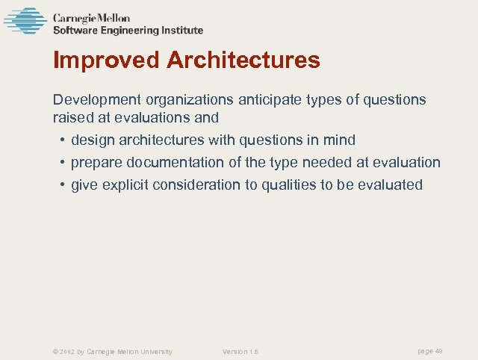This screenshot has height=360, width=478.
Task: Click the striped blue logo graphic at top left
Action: point(25,21)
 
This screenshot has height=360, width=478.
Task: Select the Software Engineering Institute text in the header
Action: point(128,31)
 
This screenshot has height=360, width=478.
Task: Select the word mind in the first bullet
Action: point(339,140)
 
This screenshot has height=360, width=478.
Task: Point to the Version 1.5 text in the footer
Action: point(240,352)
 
